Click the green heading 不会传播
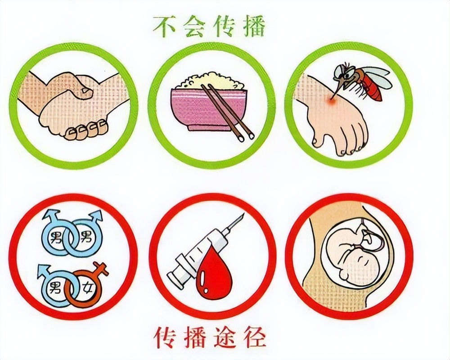[209, 27]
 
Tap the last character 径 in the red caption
[255, 336]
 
